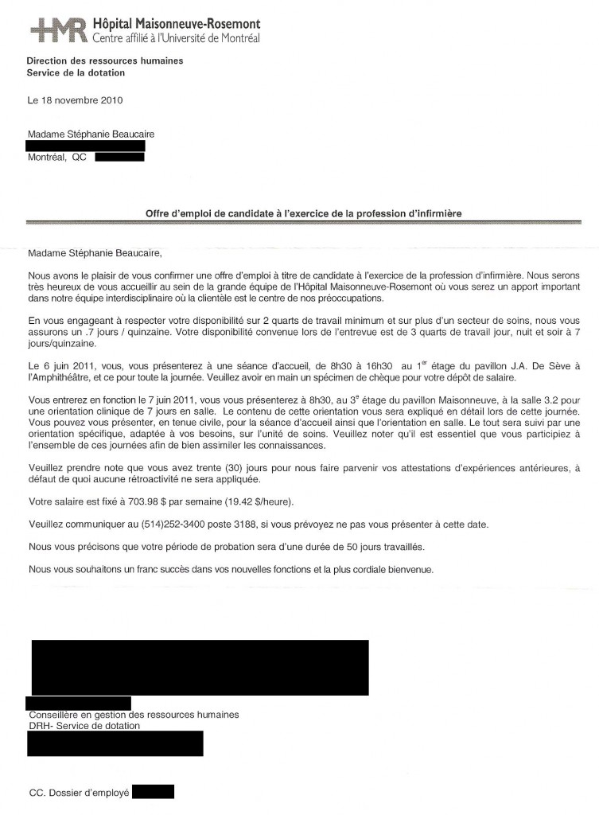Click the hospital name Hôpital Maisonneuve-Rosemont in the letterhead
pyautogui.click(x=176, y=25)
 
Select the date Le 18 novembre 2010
pyautogui.click(x=75, y=100)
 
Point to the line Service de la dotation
pyautogui.click(x=76, y=73)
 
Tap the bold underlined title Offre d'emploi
pyautogui.click(x=303, y=213)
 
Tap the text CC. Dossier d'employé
pyautogui.click(x=78, y=793)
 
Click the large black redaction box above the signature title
pyautogui.click(x=200, y=667)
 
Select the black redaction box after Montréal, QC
pyautogui.click(x=119, y=158)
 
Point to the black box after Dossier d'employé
pyautogui.click(x=153, y=792)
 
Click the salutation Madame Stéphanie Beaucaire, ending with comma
pyautogui.click(x=94, y=254)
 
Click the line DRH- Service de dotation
pyautogui.click(x=84, y=726)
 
